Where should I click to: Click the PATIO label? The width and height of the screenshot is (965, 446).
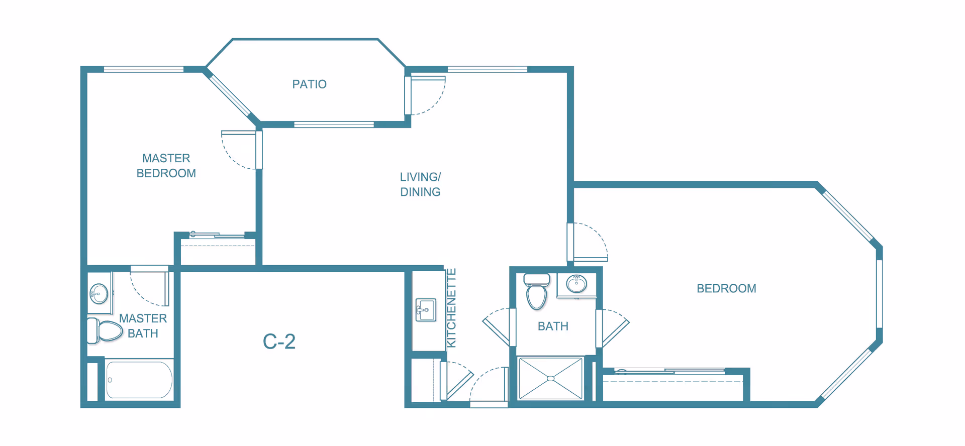[309, 84]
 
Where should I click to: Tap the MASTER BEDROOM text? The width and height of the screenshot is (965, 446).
[166, 166]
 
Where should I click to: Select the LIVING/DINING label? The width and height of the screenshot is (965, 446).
[420, 184]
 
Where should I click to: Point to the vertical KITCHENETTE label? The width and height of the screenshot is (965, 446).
[451, 308]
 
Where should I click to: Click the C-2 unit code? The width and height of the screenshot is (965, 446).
[279, 342]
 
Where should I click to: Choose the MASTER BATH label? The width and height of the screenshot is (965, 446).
[143, 326]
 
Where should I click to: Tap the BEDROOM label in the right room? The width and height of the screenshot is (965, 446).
[726, 288]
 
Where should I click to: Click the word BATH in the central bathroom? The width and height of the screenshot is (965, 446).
[553, 326]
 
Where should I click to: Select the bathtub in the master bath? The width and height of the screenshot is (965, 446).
[139, 380]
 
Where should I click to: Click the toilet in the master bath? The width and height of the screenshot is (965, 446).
[106, 330]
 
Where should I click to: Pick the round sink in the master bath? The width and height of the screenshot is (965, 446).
[99, 294]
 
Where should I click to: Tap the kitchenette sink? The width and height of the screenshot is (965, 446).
[426, 310]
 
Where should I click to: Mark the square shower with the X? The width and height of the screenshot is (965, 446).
[551, 378]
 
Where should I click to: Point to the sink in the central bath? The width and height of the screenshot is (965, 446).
[576, 284]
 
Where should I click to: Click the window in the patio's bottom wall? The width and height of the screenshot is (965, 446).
[334, 125]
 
